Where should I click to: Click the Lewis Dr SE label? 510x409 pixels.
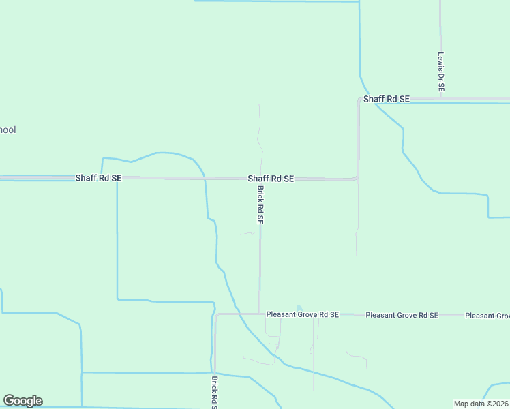441,72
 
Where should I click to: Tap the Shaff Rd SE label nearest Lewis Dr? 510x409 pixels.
387,99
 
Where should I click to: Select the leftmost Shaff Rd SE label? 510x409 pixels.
98,178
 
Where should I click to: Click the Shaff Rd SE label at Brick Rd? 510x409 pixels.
271,178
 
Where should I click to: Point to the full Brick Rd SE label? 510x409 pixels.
260,204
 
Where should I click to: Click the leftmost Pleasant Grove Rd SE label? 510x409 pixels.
302,315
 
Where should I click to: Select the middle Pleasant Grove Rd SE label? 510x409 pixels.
402,315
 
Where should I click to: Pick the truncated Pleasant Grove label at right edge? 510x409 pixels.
487,316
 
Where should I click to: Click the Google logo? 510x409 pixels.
22,401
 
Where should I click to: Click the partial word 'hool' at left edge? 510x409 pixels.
7,130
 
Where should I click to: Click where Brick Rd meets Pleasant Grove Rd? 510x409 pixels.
260,314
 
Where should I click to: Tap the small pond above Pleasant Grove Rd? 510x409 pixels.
298,308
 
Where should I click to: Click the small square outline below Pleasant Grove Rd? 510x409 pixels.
273,339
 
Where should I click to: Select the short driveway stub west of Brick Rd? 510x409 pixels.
247,233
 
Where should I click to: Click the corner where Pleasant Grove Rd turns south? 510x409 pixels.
215,315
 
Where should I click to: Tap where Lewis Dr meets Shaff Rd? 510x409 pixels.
441,99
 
